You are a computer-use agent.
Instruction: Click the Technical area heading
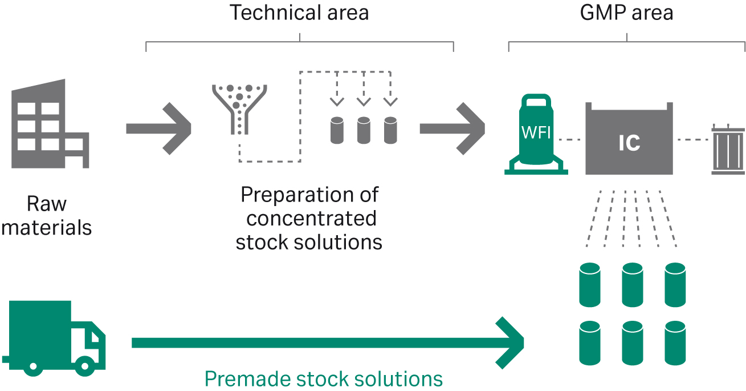point(299,13)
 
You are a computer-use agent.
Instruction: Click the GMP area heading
point(626,13)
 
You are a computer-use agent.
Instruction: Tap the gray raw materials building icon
point(48,126)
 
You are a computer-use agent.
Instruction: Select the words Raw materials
point(46,215)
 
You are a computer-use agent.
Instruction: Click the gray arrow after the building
point(160,128)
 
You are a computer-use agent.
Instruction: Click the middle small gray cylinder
point(364,130)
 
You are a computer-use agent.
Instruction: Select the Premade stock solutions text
point(323,378)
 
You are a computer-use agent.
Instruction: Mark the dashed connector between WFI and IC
point(569,139)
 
